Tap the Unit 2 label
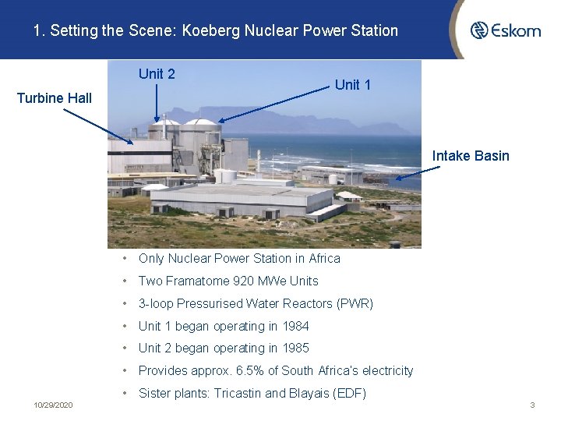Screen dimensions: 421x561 tap(157, 74)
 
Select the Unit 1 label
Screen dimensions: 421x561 tap(353, 85)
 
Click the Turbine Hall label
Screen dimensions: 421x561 tap(55, 98)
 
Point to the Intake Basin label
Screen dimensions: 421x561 tap(471, 156)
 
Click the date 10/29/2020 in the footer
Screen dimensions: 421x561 tap(54, 405)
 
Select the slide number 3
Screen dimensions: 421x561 tap(532, 405)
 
